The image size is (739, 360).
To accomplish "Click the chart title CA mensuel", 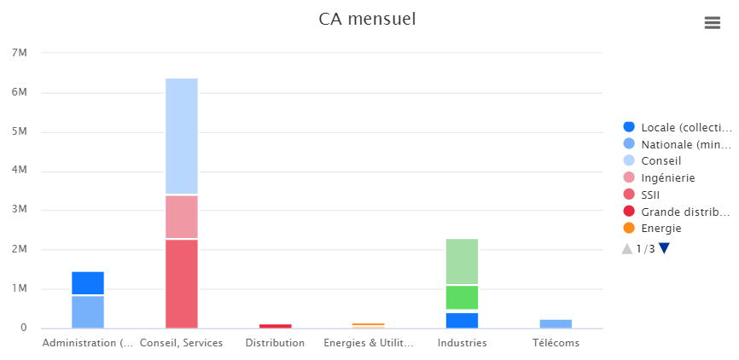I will pos(367,19).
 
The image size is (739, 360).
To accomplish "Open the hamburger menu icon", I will pos(713,23).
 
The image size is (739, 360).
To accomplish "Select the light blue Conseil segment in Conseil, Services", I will pos(182,136).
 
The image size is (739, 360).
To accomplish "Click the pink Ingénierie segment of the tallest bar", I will pos(182,217).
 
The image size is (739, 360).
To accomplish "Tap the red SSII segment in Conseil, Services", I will pos(182,283).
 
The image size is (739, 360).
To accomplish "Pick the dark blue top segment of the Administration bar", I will pos(88,283).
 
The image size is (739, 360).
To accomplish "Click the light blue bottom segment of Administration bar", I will pos(88,311).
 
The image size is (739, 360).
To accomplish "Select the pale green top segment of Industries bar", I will pos(462,262).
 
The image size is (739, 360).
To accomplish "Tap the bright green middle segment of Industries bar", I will pos(462,297).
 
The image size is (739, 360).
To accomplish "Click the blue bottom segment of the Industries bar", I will pos(462,320).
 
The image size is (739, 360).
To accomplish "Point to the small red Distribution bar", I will pos(275,326).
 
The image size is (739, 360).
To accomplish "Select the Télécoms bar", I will pos(556,323).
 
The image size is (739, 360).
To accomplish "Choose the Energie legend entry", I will pos(661,228).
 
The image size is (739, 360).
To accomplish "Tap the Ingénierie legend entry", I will pos(668,177).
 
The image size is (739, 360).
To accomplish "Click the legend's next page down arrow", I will pos(665,248).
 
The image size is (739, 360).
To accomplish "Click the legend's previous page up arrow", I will pos(627,248).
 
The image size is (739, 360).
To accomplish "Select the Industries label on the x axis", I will pos(462,343).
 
